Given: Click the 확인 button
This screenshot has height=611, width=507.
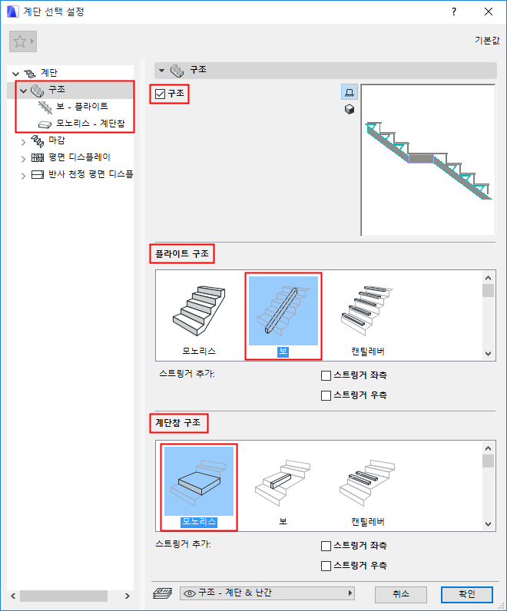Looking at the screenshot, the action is [x=467, y=594].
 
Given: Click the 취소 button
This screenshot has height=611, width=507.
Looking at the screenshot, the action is [x=401, y=594].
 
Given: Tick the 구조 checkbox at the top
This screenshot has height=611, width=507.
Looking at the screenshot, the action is [x=161, y=94].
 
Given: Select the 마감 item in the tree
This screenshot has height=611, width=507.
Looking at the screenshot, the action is [x=57, y=140].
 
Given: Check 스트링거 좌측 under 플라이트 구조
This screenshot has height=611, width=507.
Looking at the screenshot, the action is [x=326, y=375].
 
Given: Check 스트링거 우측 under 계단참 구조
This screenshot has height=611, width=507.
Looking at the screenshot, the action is [x=326, y=566].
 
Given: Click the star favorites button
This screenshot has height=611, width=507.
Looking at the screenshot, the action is [x=23, y=41].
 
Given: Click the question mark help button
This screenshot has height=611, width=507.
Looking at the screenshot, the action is [x=454, y=12].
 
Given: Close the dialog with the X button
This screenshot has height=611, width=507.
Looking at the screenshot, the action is [x=489, y=12].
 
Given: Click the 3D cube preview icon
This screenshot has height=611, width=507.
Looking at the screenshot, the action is [x=350, y=110].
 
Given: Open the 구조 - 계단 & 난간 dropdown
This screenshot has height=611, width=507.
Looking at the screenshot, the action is [x=267, y=593].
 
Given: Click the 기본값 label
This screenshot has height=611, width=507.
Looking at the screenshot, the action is [x=487, y=40].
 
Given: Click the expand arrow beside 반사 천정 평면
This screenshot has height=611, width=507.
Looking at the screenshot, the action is [x=23, y=176].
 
